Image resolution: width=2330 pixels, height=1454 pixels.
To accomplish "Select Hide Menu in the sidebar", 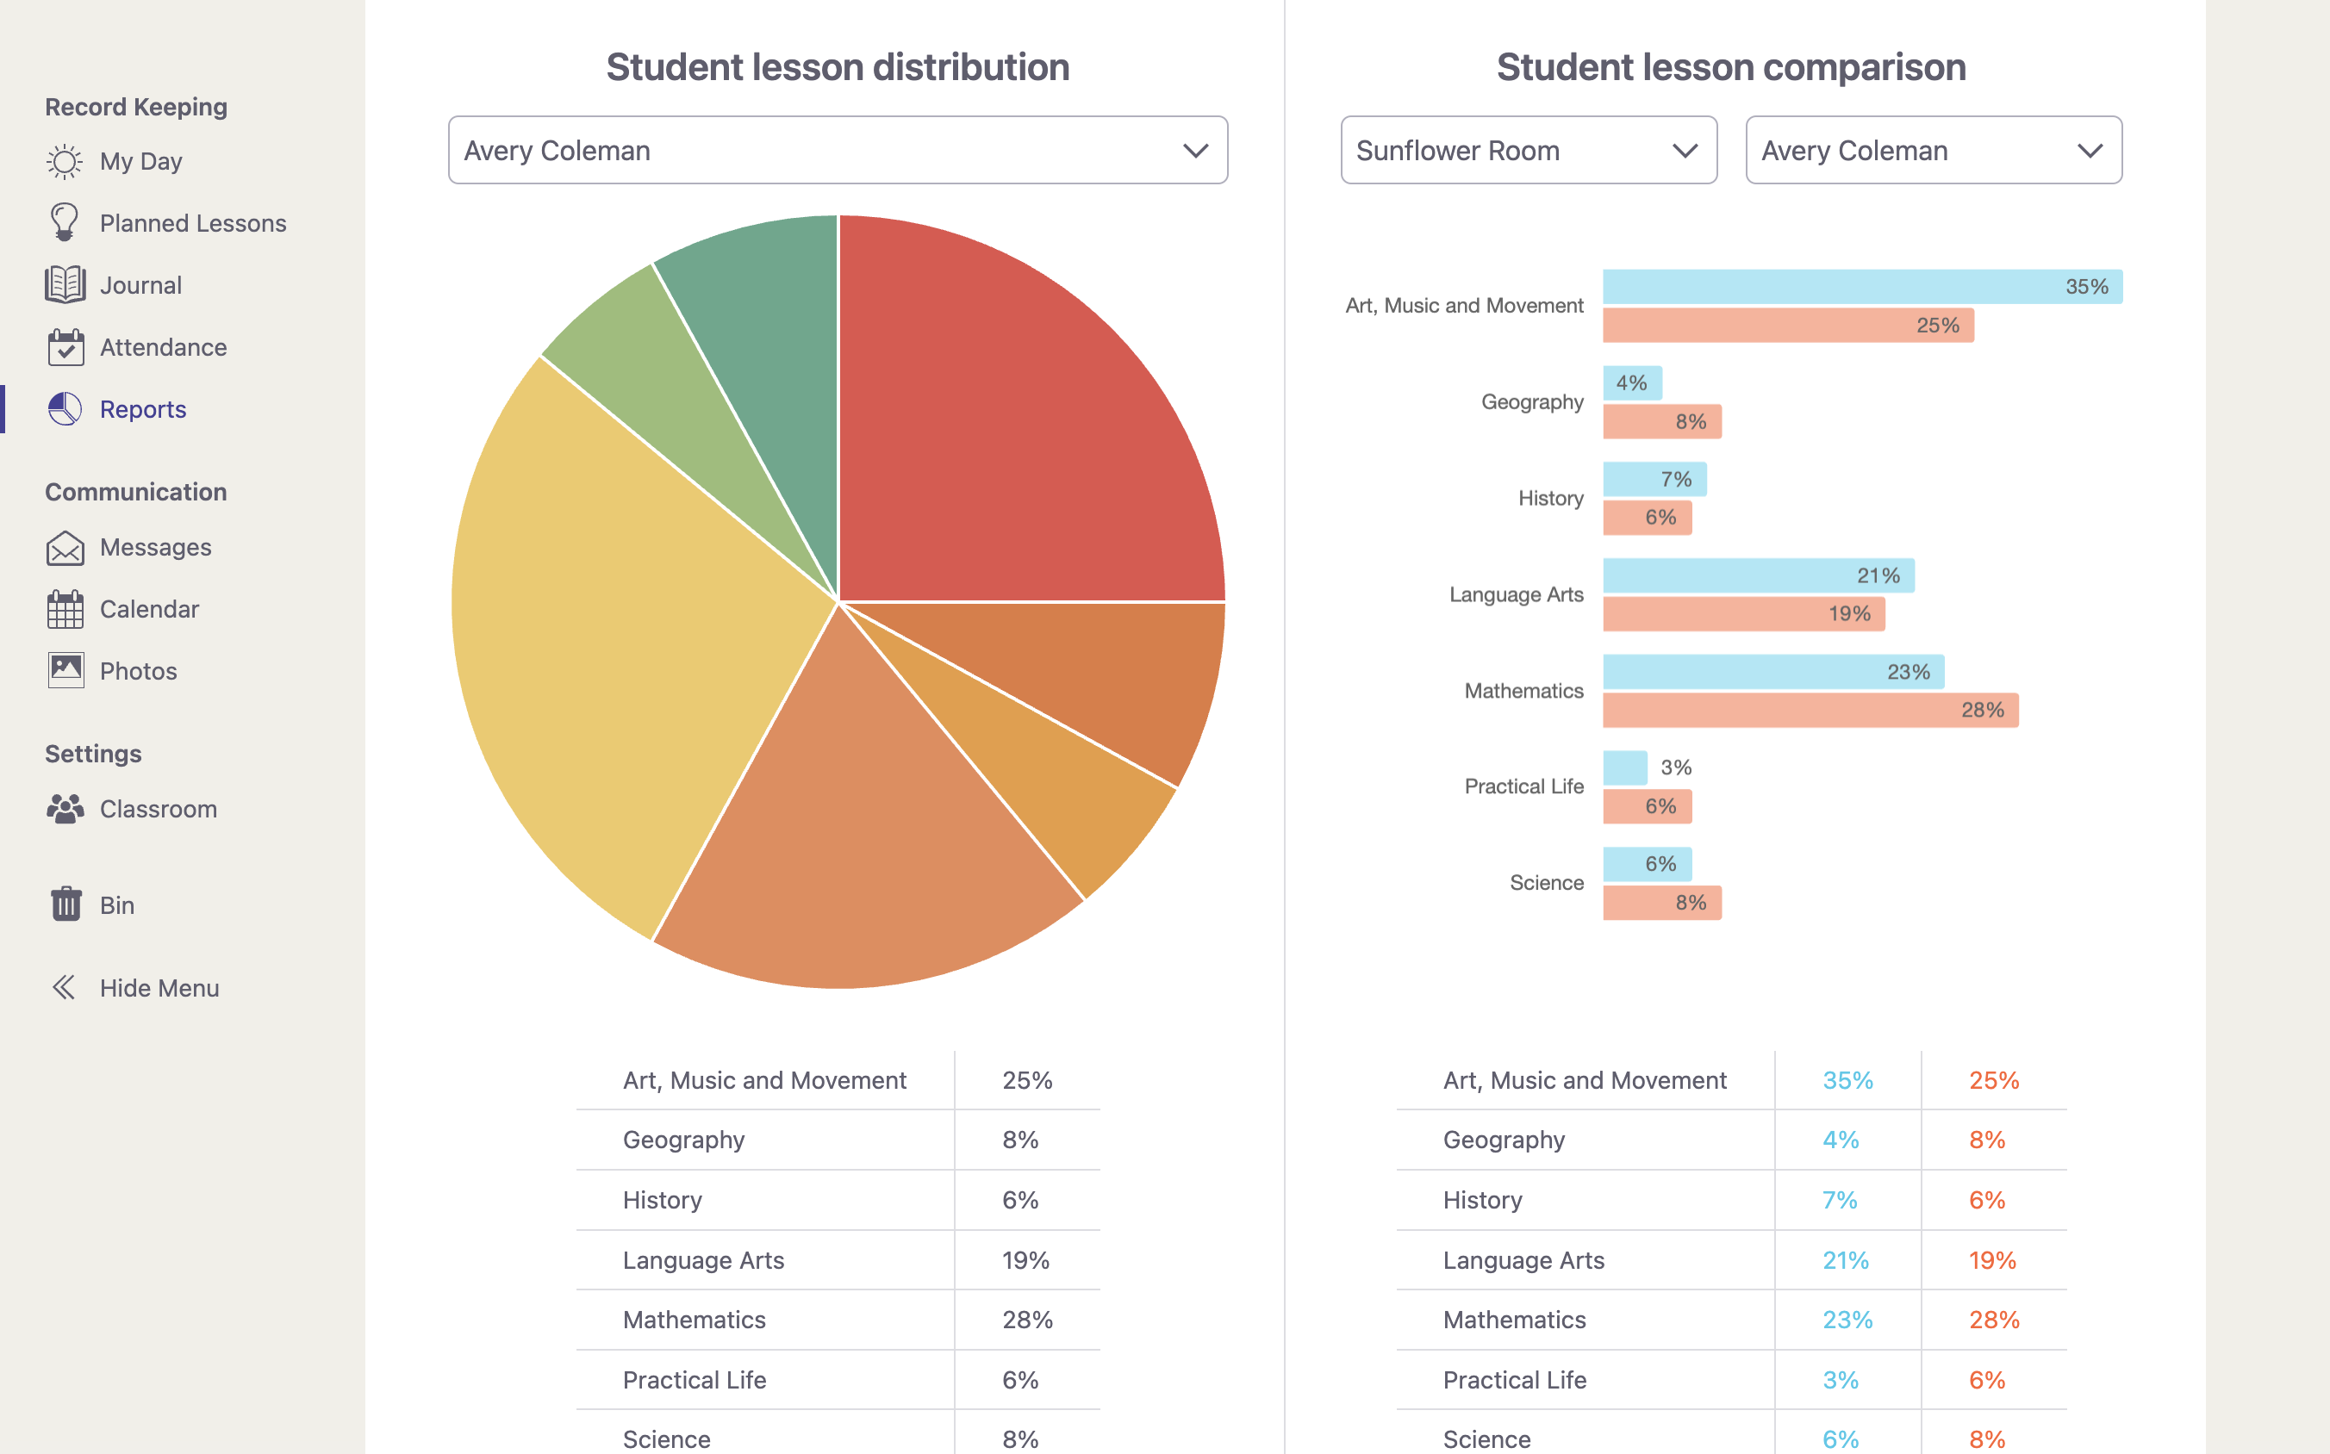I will [x=159, y=988].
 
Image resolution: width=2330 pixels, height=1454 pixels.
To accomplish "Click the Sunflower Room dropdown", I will [x=1528, y=150].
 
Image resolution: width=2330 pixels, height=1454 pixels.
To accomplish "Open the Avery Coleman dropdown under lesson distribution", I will [x=837, y=150].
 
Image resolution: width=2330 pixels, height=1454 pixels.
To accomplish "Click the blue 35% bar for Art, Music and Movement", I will [x=1861, y=287].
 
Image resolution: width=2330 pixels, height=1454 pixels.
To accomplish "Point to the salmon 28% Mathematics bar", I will [x=1809, y=710].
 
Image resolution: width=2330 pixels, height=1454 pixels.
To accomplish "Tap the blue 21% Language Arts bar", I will [x=1758, y=575].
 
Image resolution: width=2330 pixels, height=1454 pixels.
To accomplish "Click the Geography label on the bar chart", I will [x=1531, y=402].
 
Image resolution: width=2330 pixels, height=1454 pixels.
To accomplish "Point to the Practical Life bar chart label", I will [x=1523, y=786].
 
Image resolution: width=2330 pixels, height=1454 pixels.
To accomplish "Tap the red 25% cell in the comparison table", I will [x=1993, y=1080].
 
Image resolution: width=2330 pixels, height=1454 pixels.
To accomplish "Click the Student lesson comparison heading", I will [x=1730, y=67].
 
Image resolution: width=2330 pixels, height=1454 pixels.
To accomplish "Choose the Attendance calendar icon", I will [x=65, y=347].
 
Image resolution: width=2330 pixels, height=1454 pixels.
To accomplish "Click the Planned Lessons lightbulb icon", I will [x=65, y=222].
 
